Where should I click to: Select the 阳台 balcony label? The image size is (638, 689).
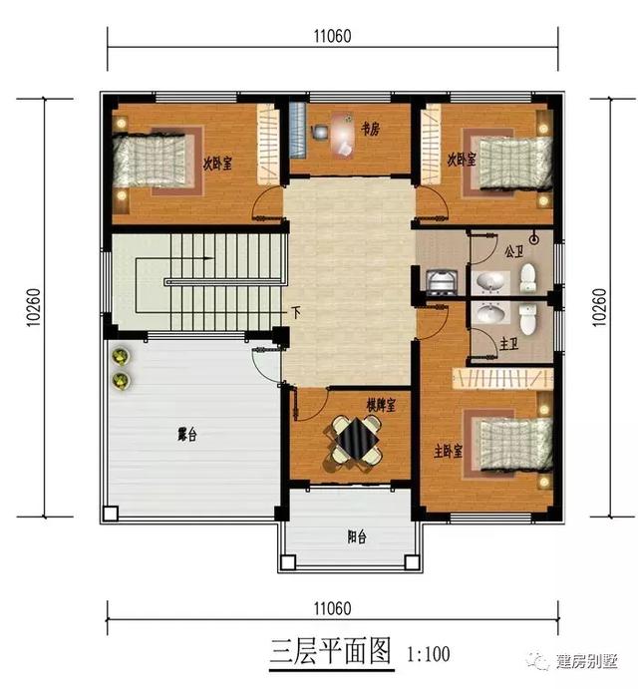pyautogui.click(x=356, y=536)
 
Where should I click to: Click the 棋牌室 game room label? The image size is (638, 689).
pyautogui.click(x=381, y=405)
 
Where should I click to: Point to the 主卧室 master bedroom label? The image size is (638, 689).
pyautogui.click(x=449, y=450)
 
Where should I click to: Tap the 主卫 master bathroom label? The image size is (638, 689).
pyautogui.click(x=507, y=343)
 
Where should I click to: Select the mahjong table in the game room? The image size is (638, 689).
pyautogui.click(x=355, y=440)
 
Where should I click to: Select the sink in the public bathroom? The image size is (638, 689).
pyautogui.click(x=489, y=281)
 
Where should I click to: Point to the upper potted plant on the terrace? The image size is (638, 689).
pyautogui.click(x=121, y=357)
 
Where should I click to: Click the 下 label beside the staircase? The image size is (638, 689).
pyautogui.click(x=296, y=311)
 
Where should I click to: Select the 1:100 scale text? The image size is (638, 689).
pyautogui.click(x=429, y=654)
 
